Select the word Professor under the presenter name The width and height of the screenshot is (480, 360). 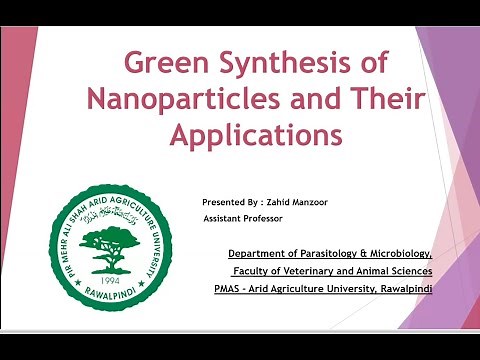coord(262,217)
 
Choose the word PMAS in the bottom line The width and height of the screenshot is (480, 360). coord(243,289)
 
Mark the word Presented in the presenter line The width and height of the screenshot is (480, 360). coord(222,201)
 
